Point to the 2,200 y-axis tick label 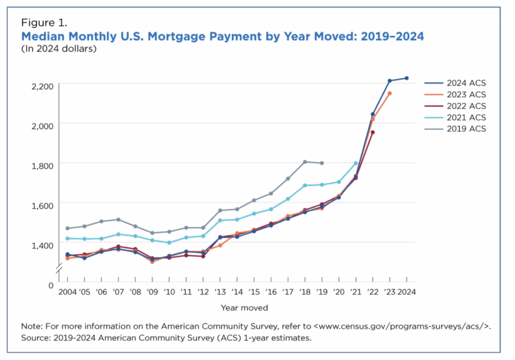tap(42, 86)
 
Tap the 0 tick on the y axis tap(50, 286)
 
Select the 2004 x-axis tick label tap(66, 292)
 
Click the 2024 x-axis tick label tap(406, 292)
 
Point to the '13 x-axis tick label tap(220, 292)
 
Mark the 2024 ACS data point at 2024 tap(406, 78)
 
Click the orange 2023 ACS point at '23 tap(389, 94)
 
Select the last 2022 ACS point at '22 tap(373, 132)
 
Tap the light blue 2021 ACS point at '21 tap(356, 163)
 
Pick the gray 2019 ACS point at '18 tap(305, 162)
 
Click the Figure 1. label tap(44, 23)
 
